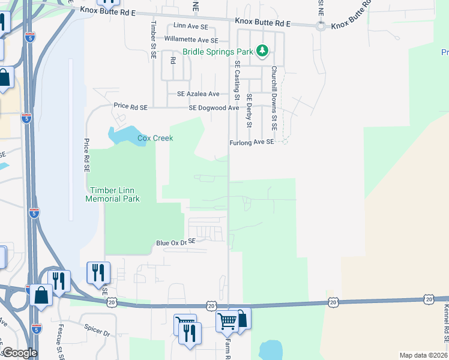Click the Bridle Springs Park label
point(216,52)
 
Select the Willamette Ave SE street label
point(191,40)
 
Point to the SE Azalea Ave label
point(194,94)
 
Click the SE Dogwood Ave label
point(214,108)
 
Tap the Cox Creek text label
point(155,138)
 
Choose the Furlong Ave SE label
point(252,142)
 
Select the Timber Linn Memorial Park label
point(113,194)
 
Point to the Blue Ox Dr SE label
point(176,242)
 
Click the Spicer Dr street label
point(99,332)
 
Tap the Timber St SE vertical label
point(154,39)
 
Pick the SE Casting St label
point(238,80)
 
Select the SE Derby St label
point(249,111)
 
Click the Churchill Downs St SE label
point(273,98)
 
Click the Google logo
point(19,353)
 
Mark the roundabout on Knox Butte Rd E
point(321,26)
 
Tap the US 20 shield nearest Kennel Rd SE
point(428,298)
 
